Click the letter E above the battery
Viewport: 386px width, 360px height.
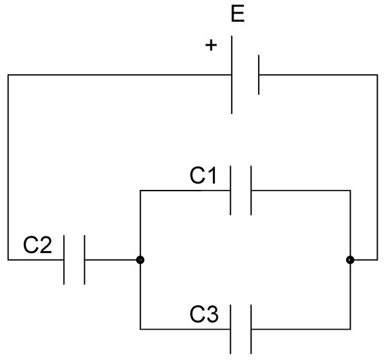[x=238, y=14]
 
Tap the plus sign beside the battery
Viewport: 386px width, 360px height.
[x=211, y=45]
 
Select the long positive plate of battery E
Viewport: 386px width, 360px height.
[x=232, y=75]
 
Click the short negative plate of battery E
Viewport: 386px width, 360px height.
[x=259, y=75]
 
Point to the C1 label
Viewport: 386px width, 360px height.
[x=203, y=175]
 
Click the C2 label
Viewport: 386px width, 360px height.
[x=37, y=245]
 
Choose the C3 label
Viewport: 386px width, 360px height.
[x=204, y=314]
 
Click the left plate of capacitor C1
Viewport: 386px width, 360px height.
[x=230, y=190]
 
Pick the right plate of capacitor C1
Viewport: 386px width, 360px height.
[x=251, y=190]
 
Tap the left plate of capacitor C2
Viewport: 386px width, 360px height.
[x=64, y=260]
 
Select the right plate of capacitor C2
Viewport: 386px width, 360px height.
[x=84, y=260]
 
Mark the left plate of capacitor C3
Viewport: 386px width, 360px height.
[x=230, y=329]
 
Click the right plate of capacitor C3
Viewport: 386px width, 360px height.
[x=251, y=329]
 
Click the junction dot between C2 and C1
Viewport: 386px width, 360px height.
[x=140, y=260]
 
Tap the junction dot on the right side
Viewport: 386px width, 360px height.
[x=350, y=260]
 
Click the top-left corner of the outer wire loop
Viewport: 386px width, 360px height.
[x=8, y=75]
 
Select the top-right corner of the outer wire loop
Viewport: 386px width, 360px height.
[x=378, y=75]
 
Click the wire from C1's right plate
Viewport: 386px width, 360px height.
[x=300, y=191]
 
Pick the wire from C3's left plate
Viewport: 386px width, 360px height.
[x=185, y=329]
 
